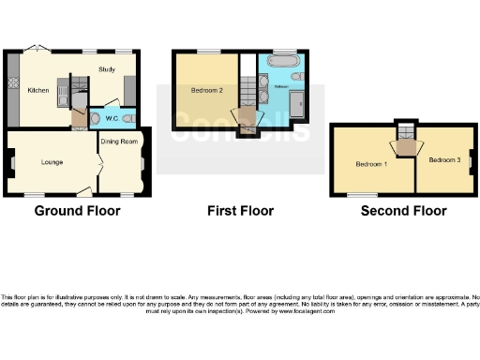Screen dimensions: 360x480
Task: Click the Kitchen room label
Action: tap(37, 91)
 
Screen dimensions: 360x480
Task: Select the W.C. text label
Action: tap(111, 118)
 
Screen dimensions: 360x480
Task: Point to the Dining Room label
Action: tap(120, 142)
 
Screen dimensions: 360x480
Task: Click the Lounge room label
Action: tap(52, 162)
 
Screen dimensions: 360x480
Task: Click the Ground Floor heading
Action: tap(77, 211)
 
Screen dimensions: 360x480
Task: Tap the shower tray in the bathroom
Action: tap(295, 105)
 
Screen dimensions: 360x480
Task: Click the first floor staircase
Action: tap(248, 94)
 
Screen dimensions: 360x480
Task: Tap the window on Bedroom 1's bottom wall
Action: tap(355, 195)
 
